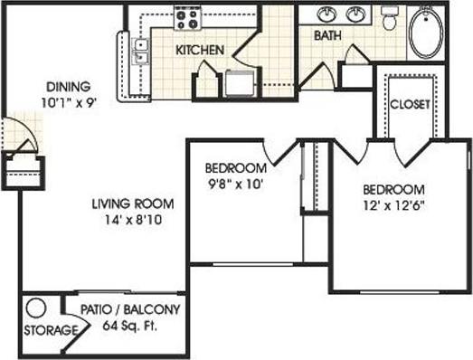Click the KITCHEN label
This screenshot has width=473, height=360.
pyautogui.click(x=199, y=50)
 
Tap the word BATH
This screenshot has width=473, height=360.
pyautogui.click(x=326, y=36)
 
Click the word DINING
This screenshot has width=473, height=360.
pyautogui.click(x=67, y=87)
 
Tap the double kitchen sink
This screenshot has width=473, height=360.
pyautogui.click(x=140, y=52)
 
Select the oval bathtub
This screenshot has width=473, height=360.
pyautogui.click(x=424, y=32)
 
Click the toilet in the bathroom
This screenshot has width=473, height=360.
pyautogui.click(x=390, y=15)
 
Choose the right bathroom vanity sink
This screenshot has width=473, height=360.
pyautogui.click(x=356, y=14)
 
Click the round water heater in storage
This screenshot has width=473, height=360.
pyautogui.click(x=35, y=308)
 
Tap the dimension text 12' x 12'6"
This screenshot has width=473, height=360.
pyautogui.click(x=393, y=205)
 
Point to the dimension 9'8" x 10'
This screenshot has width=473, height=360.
pyautogui.click(x=234, y=184)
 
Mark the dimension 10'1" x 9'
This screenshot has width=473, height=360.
pyautogui.click(x=68, y=102)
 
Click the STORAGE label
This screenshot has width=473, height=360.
pyautogui.click(x=48, y=330)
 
